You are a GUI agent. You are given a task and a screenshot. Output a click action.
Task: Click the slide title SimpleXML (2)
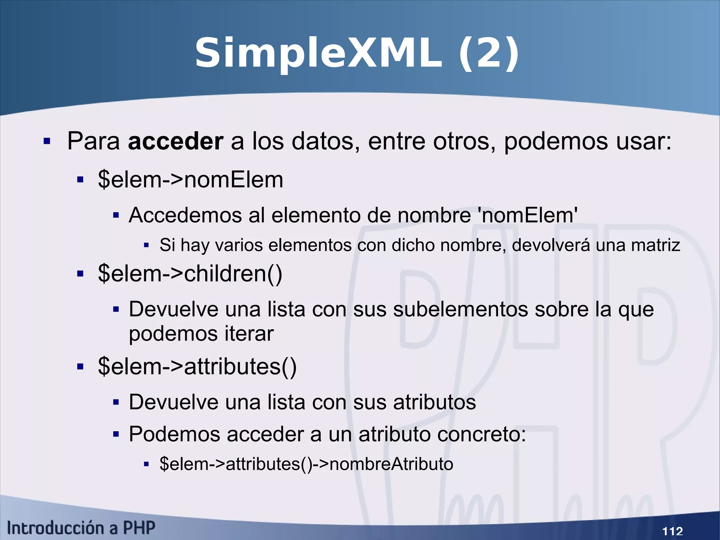(x=356, y=53)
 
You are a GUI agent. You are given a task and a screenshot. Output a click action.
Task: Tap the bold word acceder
(x=175, y=141)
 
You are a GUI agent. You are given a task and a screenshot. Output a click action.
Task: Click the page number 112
(x=672, y=531)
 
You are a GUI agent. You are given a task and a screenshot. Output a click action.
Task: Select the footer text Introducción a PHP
(x=81, y=528)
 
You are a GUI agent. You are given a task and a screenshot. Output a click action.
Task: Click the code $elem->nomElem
(x=191, y=180)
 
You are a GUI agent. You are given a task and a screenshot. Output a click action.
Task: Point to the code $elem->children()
(x=190, y=274)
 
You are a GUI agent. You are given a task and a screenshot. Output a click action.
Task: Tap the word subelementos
(x=461, y=310)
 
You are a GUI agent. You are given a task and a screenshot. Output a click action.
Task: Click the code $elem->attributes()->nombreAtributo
(x=306, y=464)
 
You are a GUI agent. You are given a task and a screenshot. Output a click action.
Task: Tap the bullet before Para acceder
(x=47, y=141)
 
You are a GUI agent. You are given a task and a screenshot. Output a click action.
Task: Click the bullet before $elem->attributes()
(x=80, y=367)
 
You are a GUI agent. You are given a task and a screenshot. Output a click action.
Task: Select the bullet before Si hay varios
(x=147, y=245)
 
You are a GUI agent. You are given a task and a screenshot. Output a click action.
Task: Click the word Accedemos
(x=185, y=215)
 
